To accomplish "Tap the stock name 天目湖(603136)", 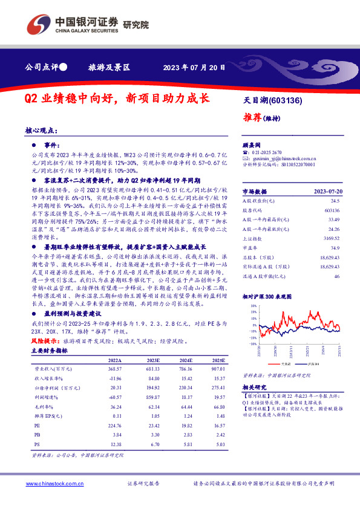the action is [x=272, y=100].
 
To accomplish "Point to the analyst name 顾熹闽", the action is [x=251, y=146].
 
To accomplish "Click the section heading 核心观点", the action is [x=41, y=130].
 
